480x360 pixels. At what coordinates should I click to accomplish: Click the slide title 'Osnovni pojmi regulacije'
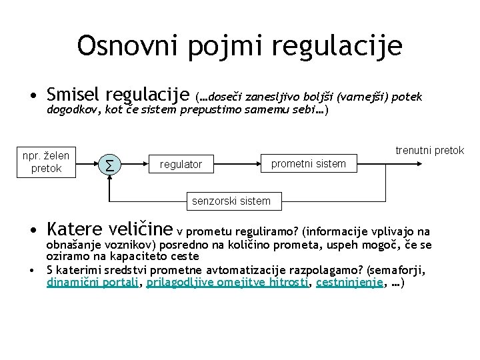click(x=239, y=46)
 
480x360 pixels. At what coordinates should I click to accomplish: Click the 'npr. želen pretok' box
click(x=46, y=162)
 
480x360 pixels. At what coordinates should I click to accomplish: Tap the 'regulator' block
click(x=181, y=164)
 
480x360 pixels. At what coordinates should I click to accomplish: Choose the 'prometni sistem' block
click(x=308, y=163)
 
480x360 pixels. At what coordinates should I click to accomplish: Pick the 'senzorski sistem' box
click(x=231, y=201)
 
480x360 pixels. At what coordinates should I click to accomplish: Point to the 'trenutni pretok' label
click(x=429, y=151)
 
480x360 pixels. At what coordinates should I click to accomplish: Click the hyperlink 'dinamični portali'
click(x=92, y=283)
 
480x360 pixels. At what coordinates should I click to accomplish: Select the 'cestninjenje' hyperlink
click(x=349, y=283)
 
